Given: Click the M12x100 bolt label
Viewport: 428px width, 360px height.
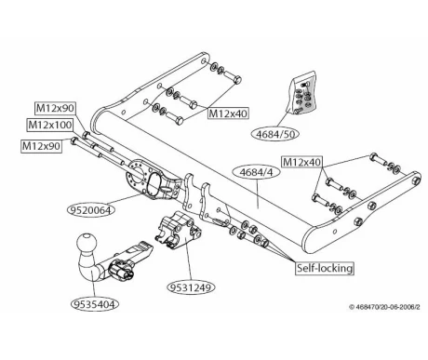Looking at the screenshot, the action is [x=50, y=125].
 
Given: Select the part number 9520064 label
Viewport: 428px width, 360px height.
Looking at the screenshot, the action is [x=91, y=210].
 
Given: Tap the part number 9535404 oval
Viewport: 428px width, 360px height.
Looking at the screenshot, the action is [x=95, y=304].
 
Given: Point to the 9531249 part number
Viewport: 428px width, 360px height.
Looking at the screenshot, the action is [x=192, y=287].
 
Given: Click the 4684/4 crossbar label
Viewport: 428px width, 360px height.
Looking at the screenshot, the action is [x=257, y=172].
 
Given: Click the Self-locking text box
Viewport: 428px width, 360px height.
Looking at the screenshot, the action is [x=325, y=268].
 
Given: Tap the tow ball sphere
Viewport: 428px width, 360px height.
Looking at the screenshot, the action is [x=87, y=244].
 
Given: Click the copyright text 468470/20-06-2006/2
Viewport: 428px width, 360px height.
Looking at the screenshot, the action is [x=384, y=307].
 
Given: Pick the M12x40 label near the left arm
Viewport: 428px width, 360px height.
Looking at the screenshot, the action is [x=228, y=113].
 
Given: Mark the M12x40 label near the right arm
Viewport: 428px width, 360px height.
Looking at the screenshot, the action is [x=301, y=162].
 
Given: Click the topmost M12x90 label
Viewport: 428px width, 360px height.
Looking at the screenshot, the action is [x=55, y=108].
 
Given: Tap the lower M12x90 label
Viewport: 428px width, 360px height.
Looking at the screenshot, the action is [x=41, y=146].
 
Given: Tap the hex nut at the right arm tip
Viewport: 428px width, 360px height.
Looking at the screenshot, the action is [x=415, y=180].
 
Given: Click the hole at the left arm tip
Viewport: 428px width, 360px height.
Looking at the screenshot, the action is [x=203, y=60].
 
